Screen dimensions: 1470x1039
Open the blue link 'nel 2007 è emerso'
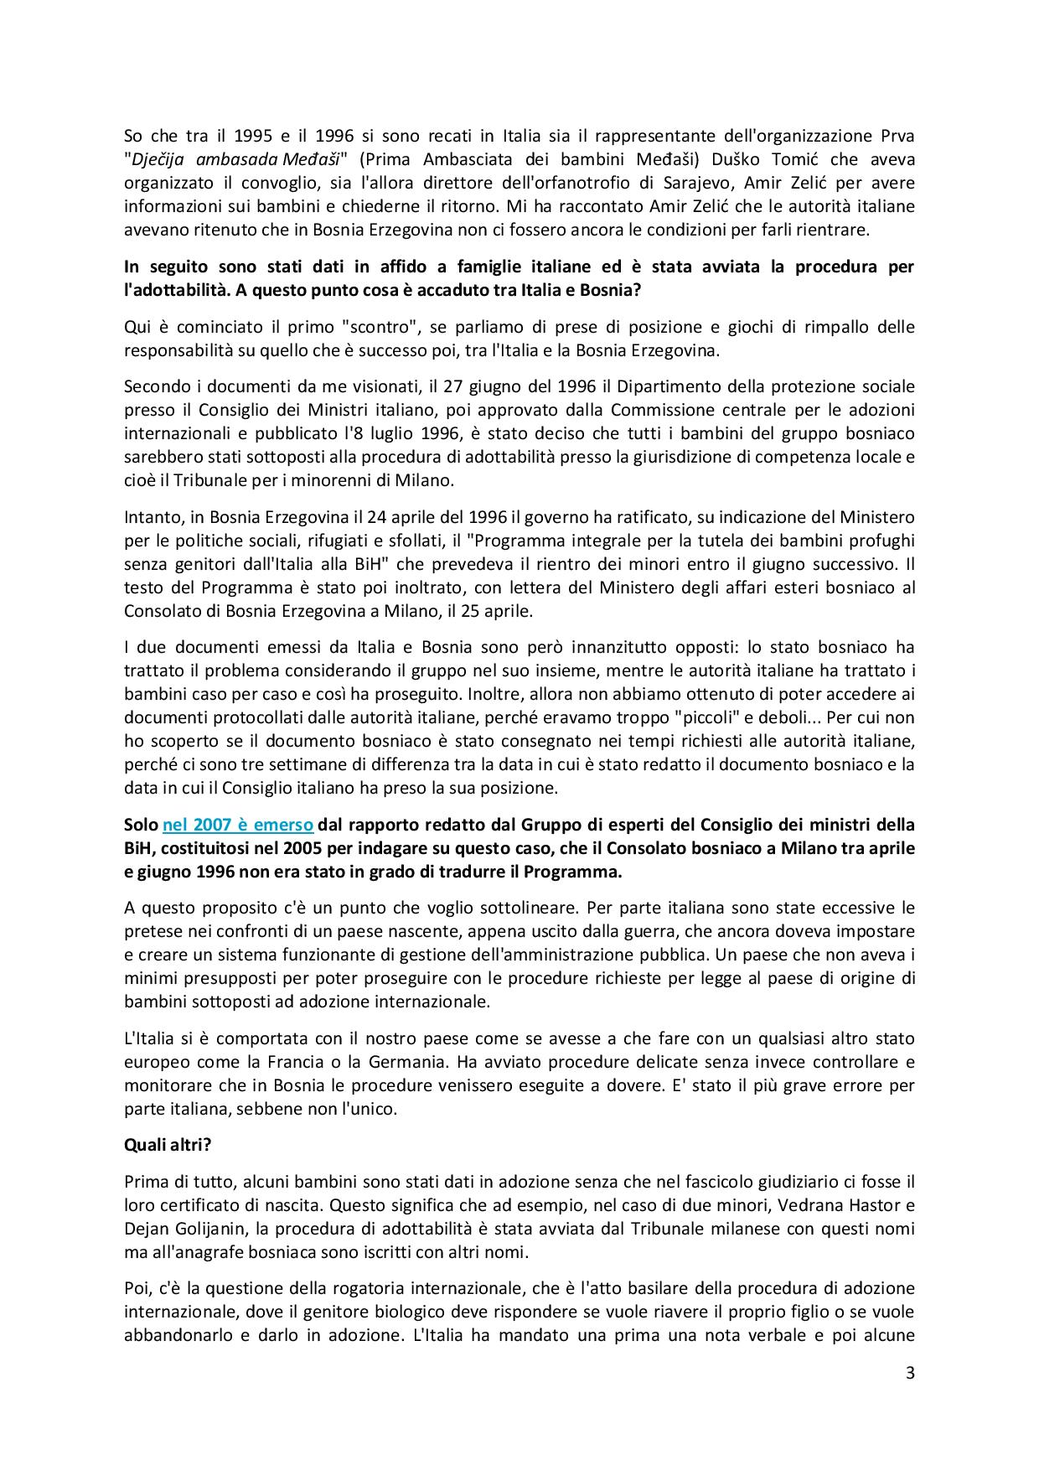(238, 824)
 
